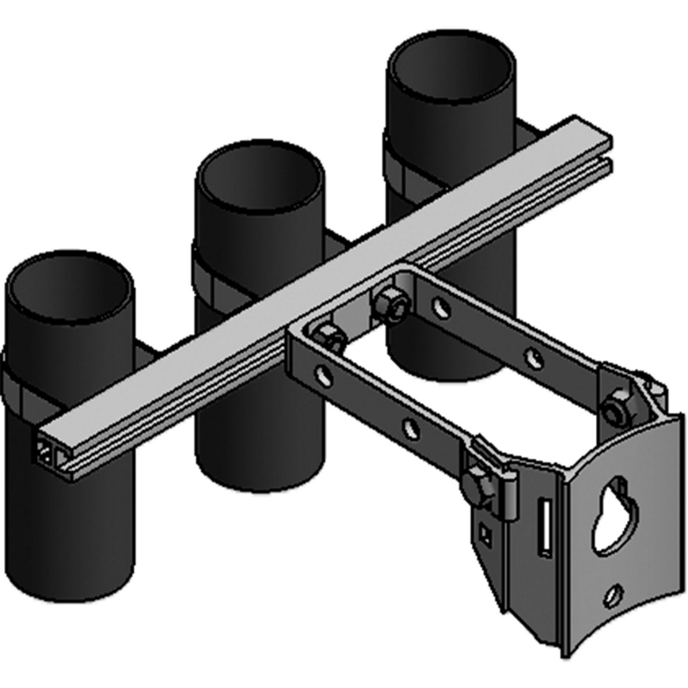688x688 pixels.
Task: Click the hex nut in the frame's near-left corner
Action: click(328, 335)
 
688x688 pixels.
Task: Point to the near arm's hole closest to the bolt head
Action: click(410, 427)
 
